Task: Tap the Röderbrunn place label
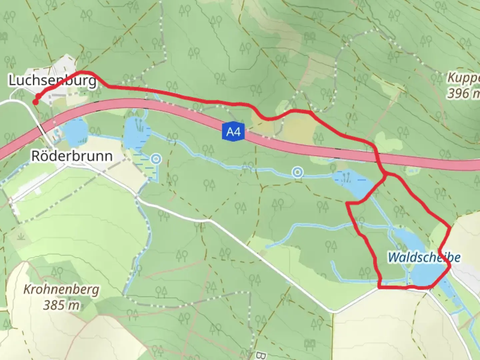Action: (72, 156)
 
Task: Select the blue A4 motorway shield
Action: (233, 132)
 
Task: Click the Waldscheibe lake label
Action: (424, 257)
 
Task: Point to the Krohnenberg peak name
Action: (61, 289)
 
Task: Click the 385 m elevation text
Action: (61, 304)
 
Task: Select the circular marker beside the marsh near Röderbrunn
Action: (156, 159)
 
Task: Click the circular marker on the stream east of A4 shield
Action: (298, 172)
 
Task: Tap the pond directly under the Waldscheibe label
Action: (425, 275)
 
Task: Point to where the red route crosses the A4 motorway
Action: (377, 157)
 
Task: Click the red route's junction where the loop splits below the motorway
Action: (386, 175)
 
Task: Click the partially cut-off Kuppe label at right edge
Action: (463, 78)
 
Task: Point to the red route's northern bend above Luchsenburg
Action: (83, 72)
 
